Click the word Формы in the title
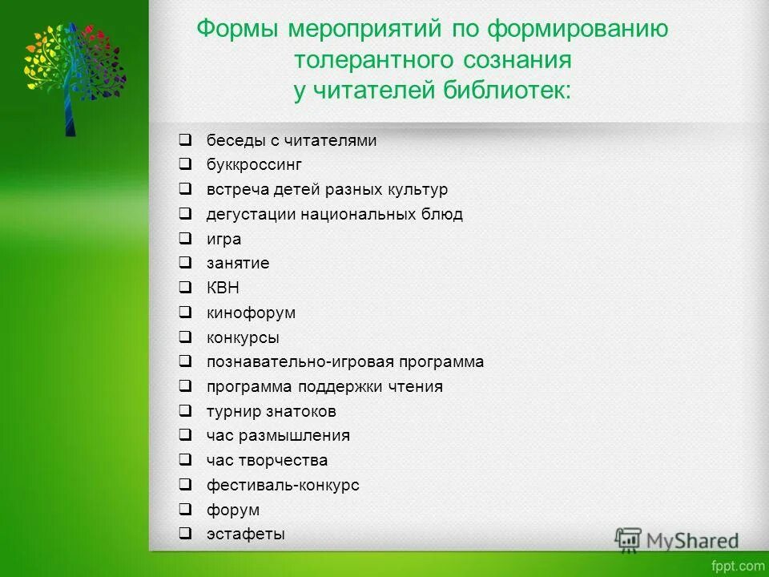[x=239, y=31]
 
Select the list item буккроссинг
[x=254, y=165]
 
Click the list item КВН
[x=223, y=288]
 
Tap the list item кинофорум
[x=251, y=313]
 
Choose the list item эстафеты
[x=245, y=534]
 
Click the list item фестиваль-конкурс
[x=283, y=485]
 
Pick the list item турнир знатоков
[x=271, y=411]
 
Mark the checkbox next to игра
[x=185, y=238]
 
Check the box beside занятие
[x=185, y=263]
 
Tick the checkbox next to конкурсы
[x=185, y=337]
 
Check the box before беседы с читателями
[x=185, y=140]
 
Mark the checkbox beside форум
[x=185, y=509]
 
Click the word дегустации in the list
[x=252, y=214]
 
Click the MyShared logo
[x=677, y=540]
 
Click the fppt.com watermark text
[x=740, y=565]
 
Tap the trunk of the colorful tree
[x=70, y=112]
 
